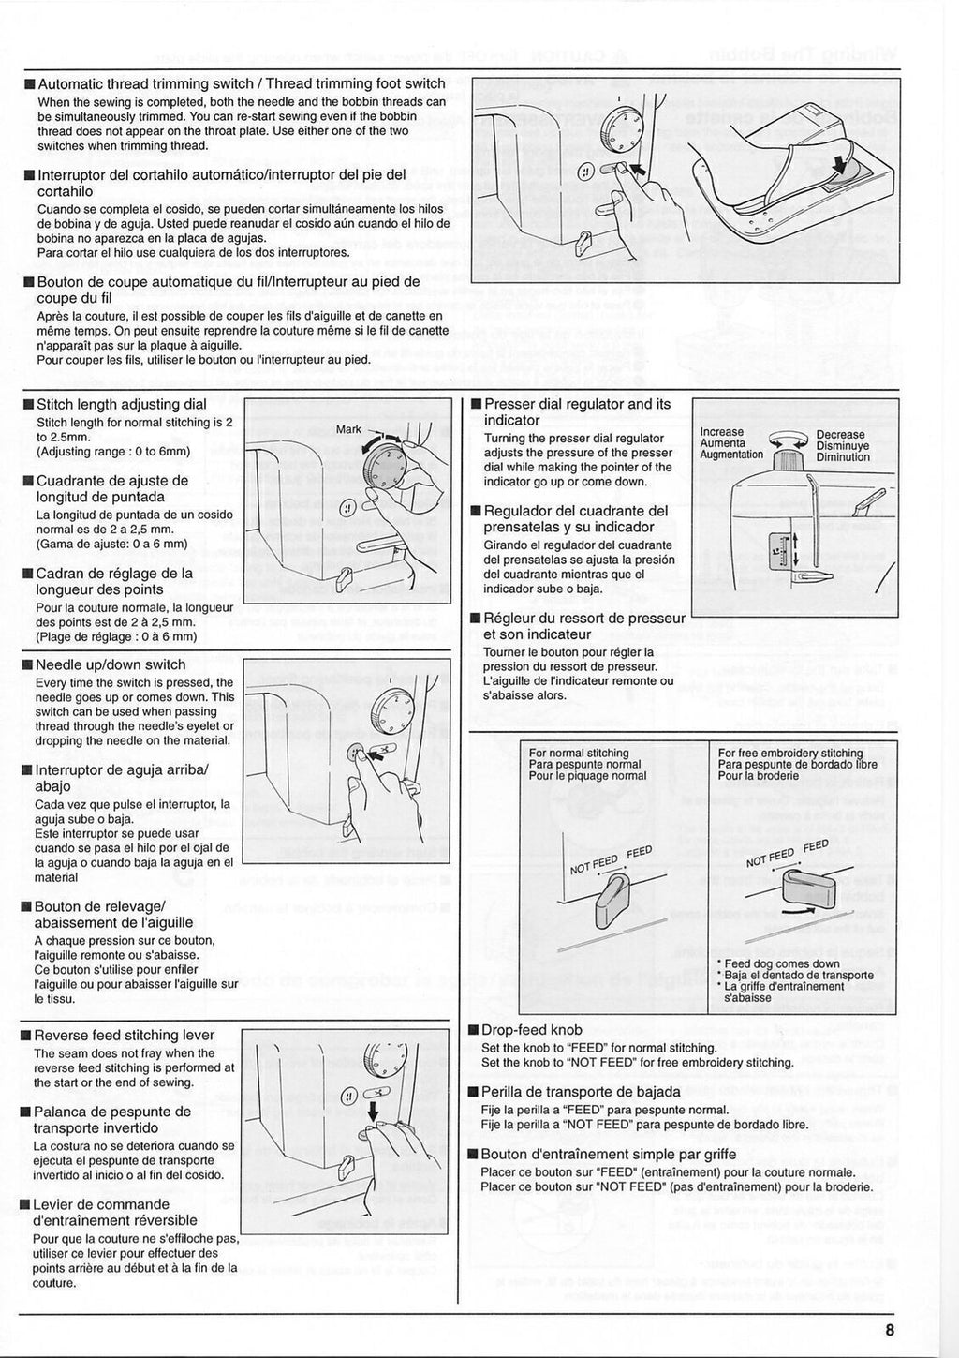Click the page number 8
click(889, 1327)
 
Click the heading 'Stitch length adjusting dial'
click(121, 405)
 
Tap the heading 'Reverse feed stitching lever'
click(124, 1035)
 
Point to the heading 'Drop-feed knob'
click(531, 1030)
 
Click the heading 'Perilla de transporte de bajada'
click(580, 1092)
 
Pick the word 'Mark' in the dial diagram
click(348, 430)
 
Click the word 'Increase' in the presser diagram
click(722, 433)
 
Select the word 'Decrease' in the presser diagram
click(840, 435)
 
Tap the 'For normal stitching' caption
click(579, 754)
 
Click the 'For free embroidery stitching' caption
click(789, 754)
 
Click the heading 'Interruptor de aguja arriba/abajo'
click(121, 778)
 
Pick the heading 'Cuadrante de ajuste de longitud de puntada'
click(111, 488)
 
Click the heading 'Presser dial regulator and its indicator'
click(577, 412)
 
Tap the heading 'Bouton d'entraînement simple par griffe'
click(608, 1155)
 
